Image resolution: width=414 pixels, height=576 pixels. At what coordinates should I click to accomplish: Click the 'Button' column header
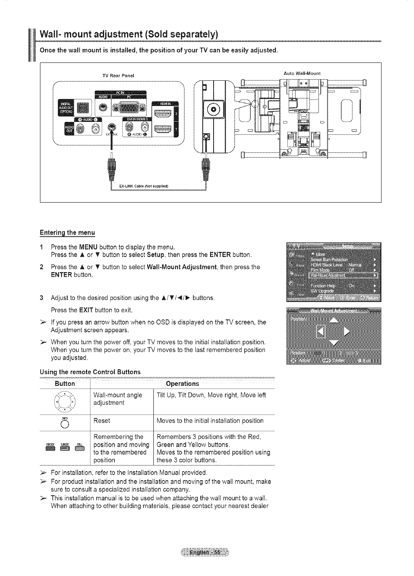(x=65, y=384)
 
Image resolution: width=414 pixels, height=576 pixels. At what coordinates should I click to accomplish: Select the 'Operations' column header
(x=182, y=384)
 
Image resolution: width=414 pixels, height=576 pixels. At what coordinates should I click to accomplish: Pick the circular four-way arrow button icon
(x=65, y=399)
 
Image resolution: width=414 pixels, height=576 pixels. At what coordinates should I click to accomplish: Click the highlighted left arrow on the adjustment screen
(x=321, y=331)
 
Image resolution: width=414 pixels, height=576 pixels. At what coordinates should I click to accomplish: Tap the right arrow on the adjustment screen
(x=347, y=331)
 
